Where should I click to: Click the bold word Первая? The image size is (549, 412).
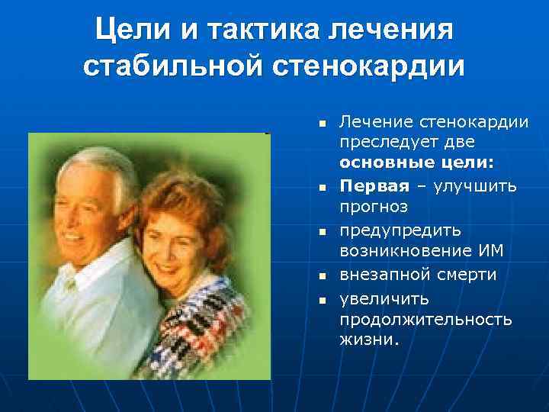[372, 185]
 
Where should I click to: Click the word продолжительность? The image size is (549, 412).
[425, 318]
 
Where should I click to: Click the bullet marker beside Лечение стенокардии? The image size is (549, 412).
[323, 122]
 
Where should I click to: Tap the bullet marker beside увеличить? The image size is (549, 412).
[323, 298]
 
